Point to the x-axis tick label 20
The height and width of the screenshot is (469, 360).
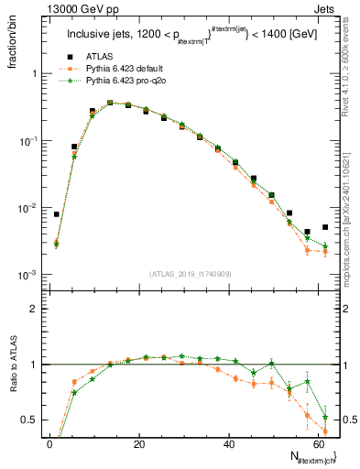coord(139,443)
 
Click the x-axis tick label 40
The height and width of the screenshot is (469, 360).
coord(229,443)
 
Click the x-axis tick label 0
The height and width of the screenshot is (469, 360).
coord(49,443)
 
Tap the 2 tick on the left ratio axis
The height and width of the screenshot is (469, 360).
coord(36,310)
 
